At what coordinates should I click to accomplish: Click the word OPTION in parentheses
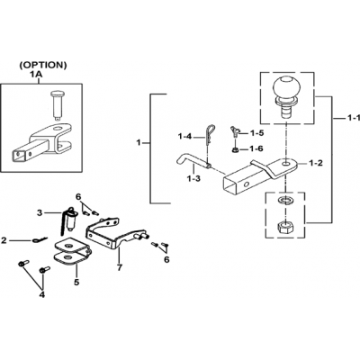[43, 65]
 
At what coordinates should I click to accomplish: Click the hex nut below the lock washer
[285, 229]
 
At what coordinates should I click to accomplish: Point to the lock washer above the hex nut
[285, 201]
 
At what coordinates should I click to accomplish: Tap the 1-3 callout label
[193, 179]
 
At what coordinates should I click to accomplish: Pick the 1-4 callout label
[185, 137]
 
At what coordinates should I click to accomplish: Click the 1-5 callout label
[257, 132]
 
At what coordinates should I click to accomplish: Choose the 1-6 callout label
[257, 148]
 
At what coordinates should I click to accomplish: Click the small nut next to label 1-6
[236, 149]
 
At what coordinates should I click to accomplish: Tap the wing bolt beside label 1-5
[234, 131]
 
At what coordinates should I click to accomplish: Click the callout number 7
[120, 267]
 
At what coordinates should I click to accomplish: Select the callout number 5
[76, 282]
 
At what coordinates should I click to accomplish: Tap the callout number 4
[42, 295]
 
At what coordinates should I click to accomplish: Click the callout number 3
[40, 213]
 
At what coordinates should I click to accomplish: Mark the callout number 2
[4, 240]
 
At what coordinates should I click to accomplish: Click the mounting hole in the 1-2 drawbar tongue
[285, 164]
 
